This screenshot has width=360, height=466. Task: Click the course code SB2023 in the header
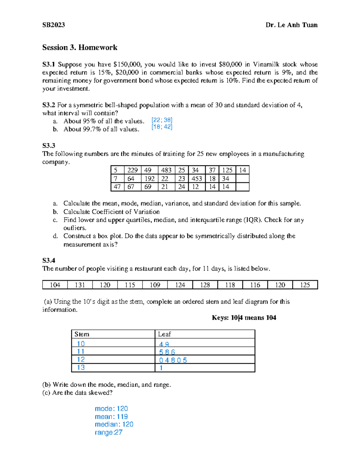coord(53,25)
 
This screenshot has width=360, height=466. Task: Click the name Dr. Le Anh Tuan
coord(291,25)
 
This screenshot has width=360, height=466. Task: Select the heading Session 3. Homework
coord(79,47)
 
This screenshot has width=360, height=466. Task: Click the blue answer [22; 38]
coord(162,120)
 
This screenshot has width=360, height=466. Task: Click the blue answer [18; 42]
coord(162,127)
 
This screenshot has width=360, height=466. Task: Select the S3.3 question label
coord(49,146)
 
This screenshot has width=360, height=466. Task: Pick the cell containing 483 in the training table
coord(166,170)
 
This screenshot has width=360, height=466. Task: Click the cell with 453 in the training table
coord(196,179)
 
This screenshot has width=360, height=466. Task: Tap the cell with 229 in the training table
coord(132,170)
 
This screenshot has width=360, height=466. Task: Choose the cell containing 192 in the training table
coord(149,179)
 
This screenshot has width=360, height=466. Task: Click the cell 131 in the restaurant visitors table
coord(80,285)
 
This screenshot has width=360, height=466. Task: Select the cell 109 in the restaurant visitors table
coord(155,285)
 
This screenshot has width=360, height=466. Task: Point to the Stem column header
coord(82,334)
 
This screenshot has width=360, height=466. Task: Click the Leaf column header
coord(164,334)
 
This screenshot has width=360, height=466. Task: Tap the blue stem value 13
coord(81,368)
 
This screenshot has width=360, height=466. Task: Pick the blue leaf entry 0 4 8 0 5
coord(173,360)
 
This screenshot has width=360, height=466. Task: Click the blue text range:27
coord(108,432)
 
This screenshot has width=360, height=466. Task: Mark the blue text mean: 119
coord(111,416)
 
